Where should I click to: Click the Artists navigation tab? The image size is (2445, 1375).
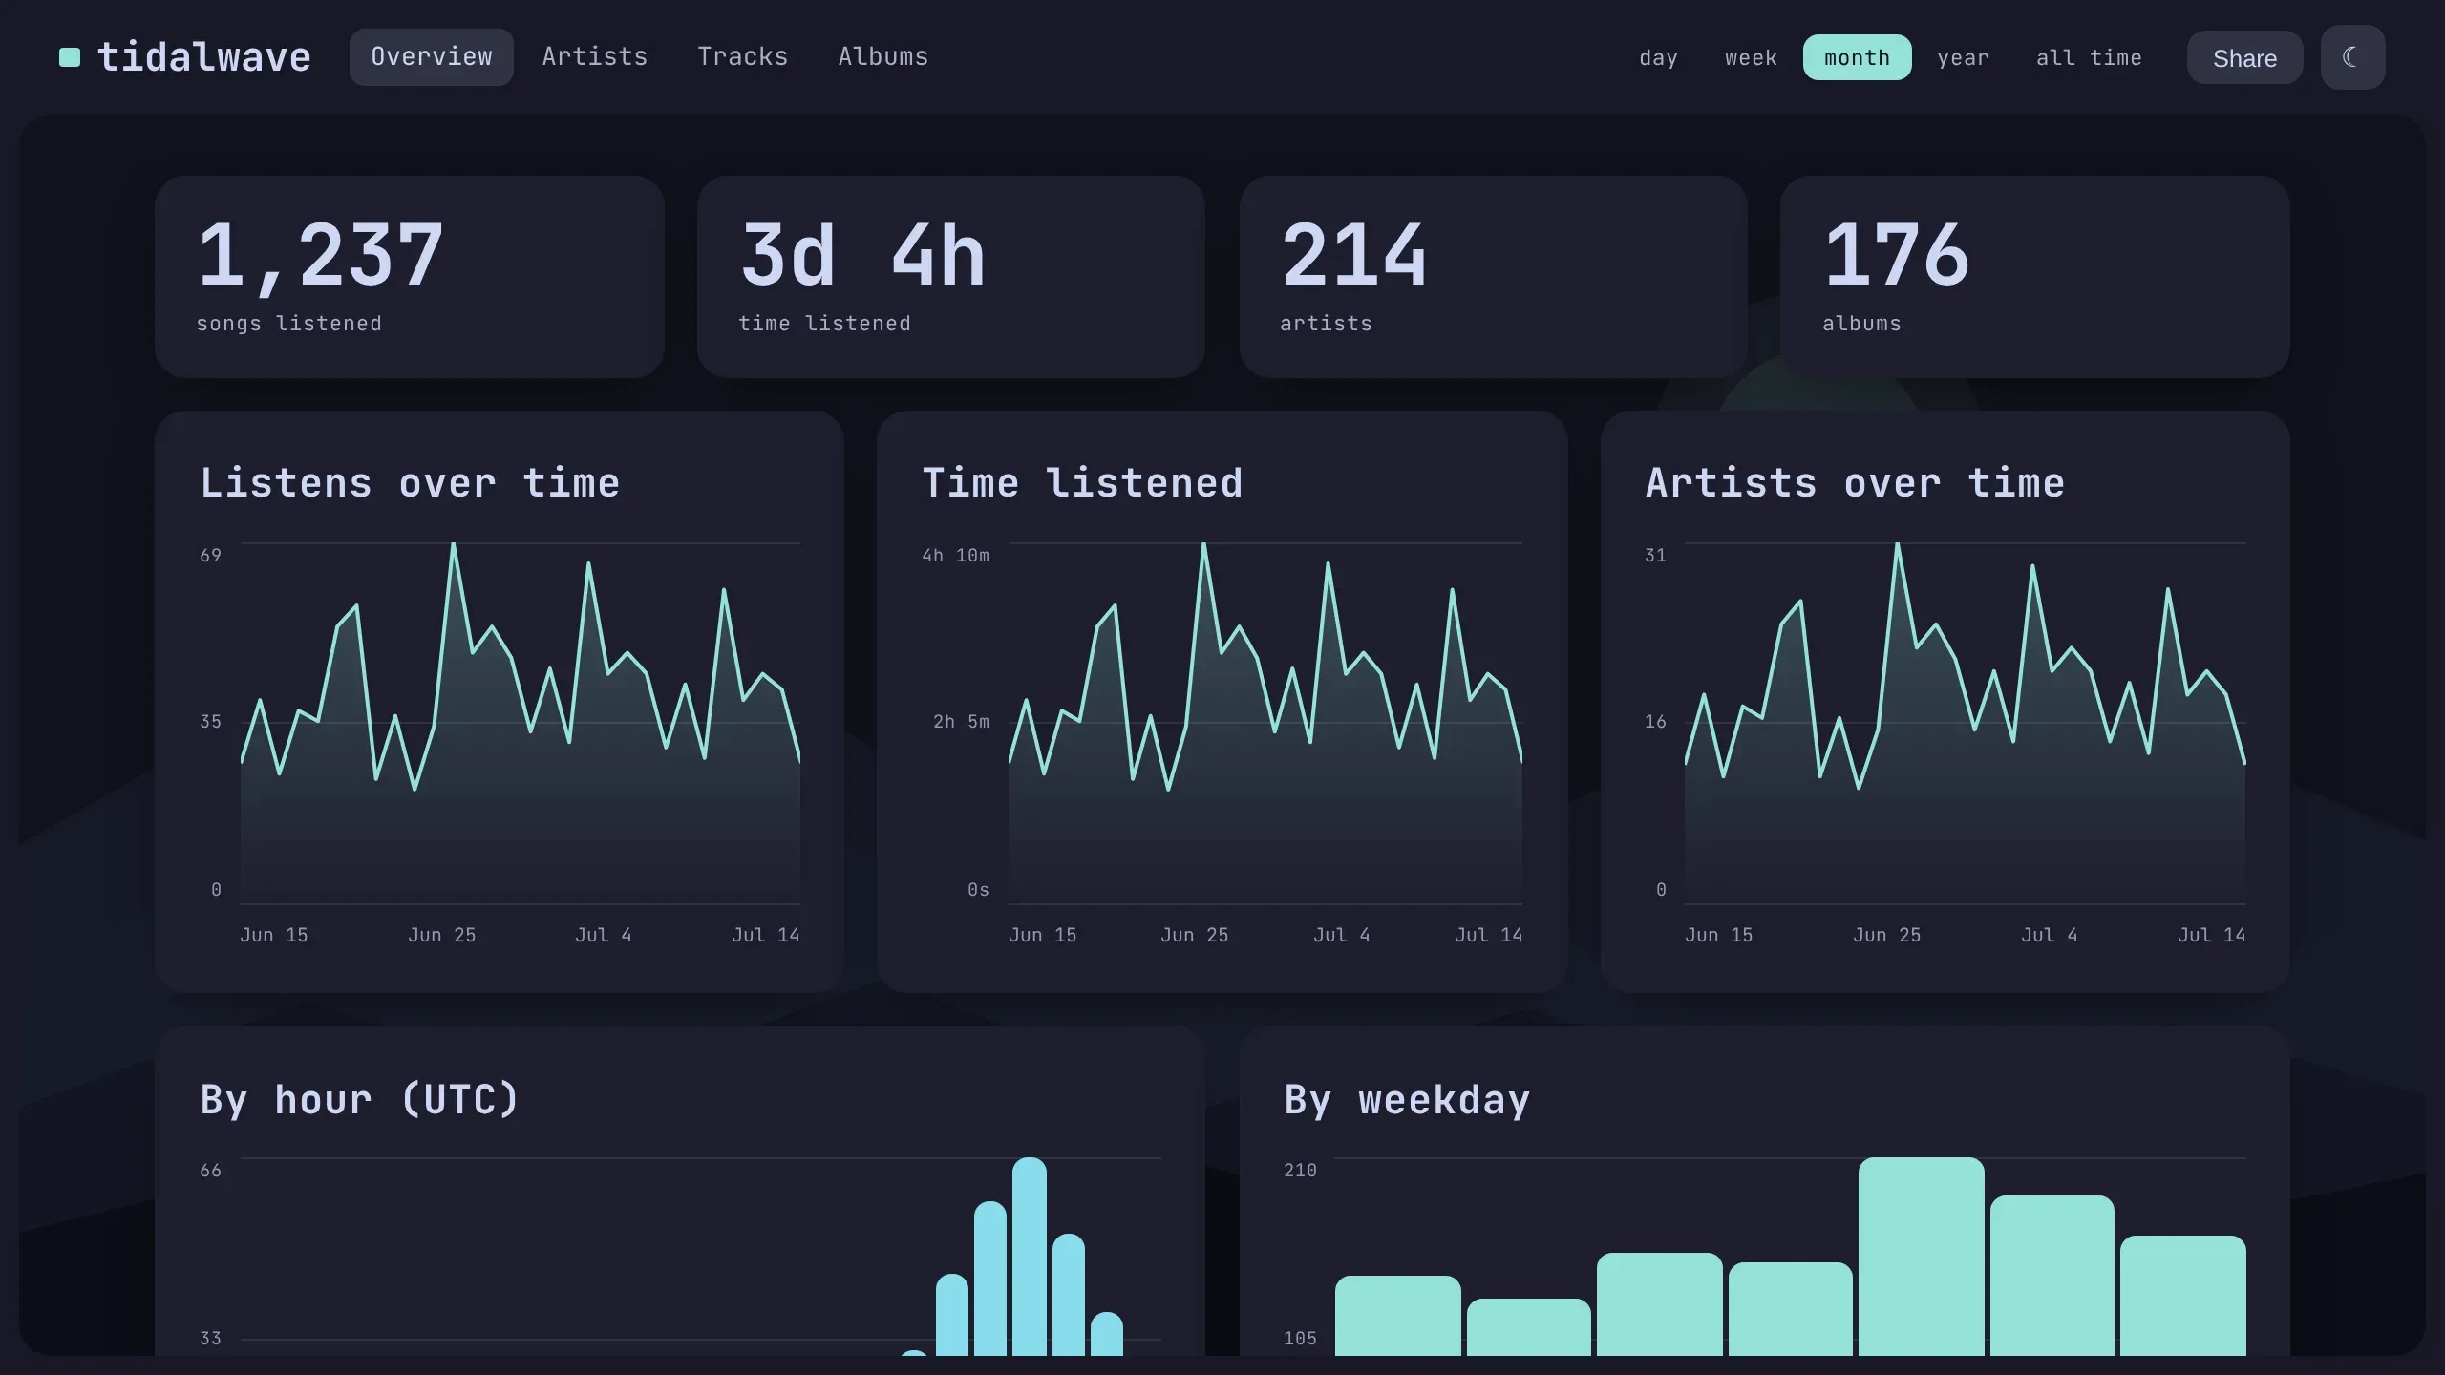[594, 57]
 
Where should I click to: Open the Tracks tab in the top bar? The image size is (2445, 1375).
[742, 57]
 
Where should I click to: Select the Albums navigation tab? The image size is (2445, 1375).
[882, 57]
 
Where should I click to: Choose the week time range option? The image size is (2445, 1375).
[1751, 58]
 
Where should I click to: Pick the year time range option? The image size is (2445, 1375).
[1963, 58]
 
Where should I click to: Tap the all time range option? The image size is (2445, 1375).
[2089, 58]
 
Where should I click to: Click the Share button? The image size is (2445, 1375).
[2244, 58]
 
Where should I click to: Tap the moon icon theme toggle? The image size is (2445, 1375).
[2352, 57]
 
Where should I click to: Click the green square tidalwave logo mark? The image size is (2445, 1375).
[70, 57]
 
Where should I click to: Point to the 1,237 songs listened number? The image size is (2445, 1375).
[320, 255]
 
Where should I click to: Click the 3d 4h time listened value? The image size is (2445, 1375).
[862, 255]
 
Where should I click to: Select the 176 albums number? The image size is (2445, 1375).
[1896, 255]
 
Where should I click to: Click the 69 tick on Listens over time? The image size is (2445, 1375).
[210, 556]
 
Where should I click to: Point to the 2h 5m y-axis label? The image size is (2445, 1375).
[961, 722]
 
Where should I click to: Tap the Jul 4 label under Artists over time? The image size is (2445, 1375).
[2049, 936]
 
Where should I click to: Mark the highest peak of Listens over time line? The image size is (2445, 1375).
[453, 544]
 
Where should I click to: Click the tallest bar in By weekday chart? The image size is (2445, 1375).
[1921, 1257]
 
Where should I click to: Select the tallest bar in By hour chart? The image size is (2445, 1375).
[1030, 1257]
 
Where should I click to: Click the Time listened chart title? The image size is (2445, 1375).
[1082, 483]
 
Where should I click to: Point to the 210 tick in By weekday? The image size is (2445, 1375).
[1300, 1171]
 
